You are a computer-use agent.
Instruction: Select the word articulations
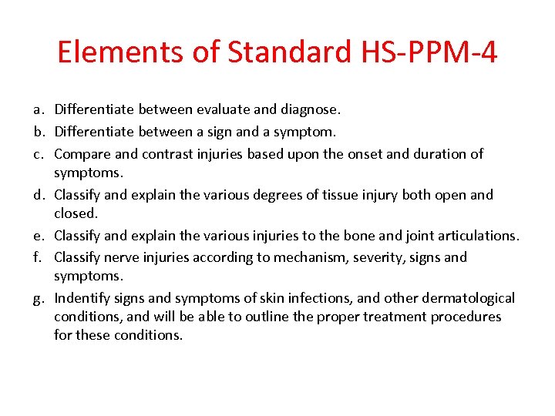[478, 236]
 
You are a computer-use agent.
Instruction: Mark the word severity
[378, 257]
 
